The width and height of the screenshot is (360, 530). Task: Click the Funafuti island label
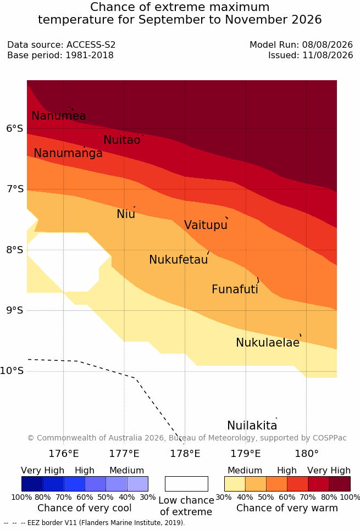pos(235,289)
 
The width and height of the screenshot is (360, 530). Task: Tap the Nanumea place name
pos(58,115)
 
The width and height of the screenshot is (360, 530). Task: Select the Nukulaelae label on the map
pos(268,342)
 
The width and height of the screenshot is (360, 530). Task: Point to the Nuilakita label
pos(252,425)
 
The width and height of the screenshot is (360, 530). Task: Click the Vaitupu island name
pos(206,225)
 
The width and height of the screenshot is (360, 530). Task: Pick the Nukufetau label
pos(178,260)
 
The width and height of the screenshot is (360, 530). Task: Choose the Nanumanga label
pos(68,153)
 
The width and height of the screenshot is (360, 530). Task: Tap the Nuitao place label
pos(122,140)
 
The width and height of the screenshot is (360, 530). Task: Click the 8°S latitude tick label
pos(14,250)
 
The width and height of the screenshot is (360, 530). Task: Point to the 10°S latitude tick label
pos(12,371)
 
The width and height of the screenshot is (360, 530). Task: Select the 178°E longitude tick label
pos(185,454)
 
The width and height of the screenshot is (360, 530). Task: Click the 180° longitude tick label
pos(307,454)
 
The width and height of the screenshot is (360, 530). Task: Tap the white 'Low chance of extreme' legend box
pos(186,484)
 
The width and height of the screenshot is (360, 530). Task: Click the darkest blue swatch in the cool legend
pos(32,484)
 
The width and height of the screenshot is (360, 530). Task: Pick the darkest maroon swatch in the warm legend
pos(340,484)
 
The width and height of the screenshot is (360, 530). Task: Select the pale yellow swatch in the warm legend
pos(235,484)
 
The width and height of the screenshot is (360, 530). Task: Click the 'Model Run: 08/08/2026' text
pos(301,44)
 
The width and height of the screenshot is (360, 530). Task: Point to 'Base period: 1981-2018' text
pos(60,55)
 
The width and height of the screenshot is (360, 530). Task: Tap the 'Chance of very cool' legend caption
pos(85,508)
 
